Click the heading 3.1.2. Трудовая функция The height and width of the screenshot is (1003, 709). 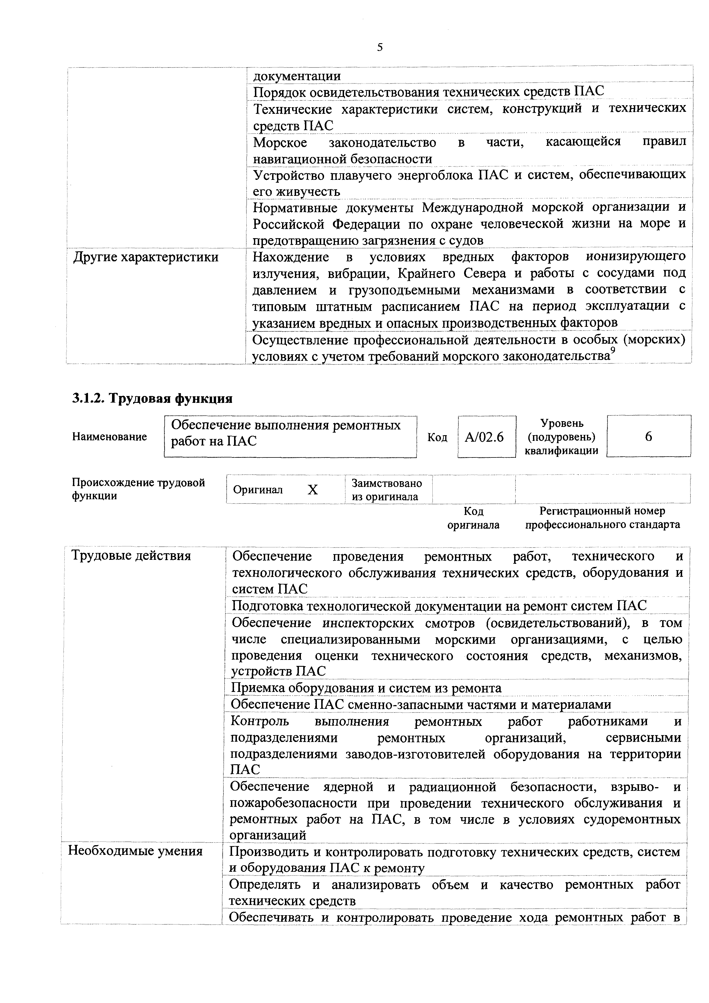tap(152, 398)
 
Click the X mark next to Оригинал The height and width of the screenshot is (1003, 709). tap(313, 490)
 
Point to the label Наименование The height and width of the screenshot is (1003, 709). tap(109, 437)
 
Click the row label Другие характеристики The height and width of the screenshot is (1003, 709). tap(146, 257)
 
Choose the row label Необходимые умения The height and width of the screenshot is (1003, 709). tap(135, 851)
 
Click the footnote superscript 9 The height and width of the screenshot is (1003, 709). tap(613, 351)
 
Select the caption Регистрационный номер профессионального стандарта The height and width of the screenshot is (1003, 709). tap(602, 518)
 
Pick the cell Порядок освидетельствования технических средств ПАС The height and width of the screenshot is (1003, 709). tap(429, 92)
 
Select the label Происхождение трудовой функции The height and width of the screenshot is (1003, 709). tap(138, 489)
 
